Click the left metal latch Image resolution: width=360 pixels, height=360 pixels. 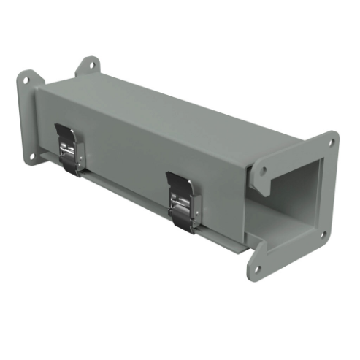click(x=71, y=149)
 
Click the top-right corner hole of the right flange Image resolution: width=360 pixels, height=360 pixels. click(x=329, y=143)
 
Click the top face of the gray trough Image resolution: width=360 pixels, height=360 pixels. click(x=183, y=110)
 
